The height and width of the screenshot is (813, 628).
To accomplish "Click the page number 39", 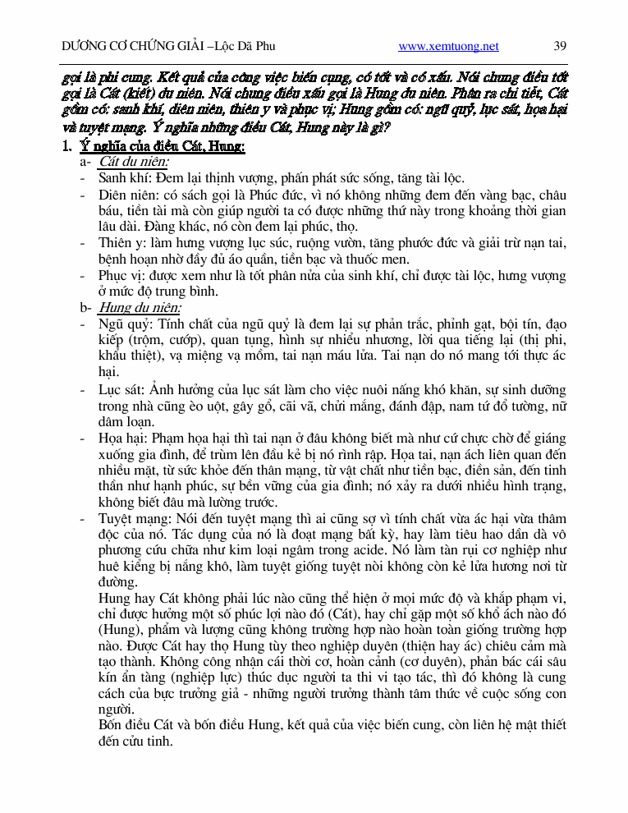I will click(560, 46).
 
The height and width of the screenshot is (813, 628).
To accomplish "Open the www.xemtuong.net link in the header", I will click(448, 46).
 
